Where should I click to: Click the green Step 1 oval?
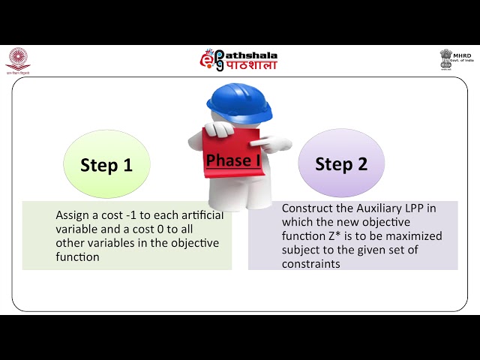click(106, 165)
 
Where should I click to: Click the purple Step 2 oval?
click(341, 163)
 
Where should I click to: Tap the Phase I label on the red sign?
click(232, 160)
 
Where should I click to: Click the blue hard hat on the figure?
click(239, 103)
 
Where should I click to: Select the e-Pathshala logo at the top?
click(238, 60)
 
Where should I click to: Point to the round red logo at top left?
click(17, 58)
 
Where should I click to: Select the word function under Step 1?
click(77, 256)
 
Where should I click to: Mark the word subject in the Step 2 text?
click(300, 250)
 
